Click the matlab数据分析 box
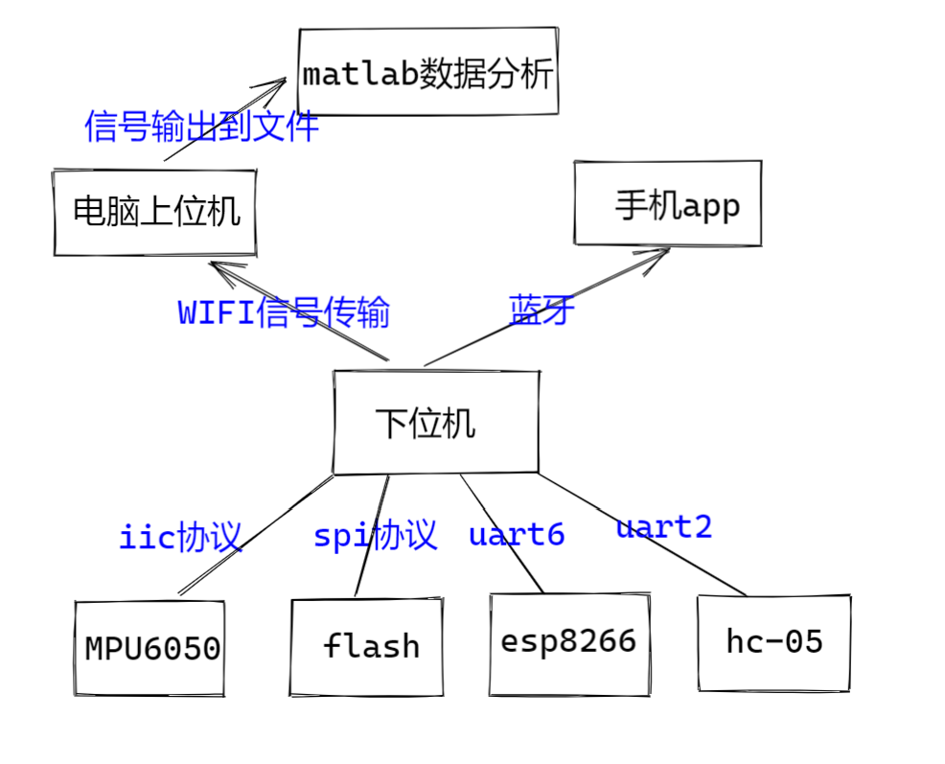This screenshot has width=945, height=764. click(427, 73)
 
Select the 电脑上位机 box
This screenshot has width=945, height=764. click(155, 213)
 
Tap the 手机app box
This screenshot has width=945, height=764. click(668, 203)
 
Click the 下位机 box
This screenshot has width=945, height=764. click(435, 423)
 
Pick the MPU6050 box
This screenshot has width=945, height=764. click(150, 648)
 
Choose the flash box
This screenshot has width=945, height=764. click(367, 647)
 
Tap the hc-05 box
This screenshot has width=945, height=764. click(773, 642)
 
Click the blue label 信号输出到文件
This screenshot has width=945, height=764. click(201, 126)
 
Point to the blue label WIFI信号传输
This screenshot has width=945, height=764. click(284, 313)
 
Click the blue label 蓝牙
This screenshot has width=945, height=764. click(542, 310)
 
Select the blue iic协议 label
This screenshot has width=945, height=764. click(180, 537)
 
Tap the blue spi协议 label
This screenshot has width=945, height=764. click(375, 535)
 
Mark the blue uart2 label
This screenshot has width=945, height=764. click(663, 526)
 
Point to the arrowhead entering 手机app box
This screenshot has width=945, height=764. click(659, 253)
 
